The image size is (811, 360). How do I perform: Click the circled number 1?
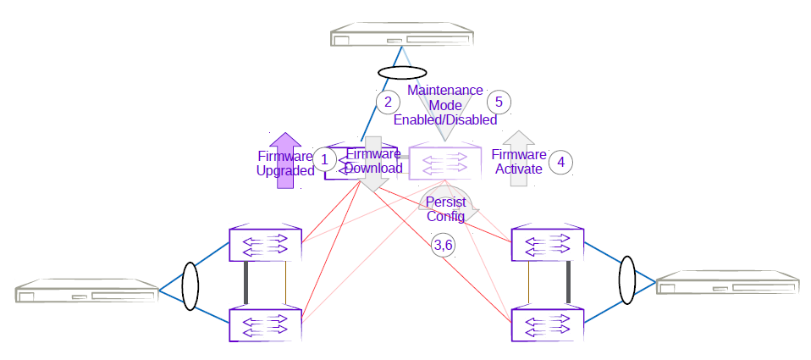coord(324,158)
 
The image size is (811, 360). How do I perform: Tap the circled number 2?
coord(388,102)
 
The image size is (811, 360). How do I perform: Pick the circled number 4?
coord(560,161)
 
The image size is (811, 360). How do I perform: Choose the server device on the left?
coord(87,292)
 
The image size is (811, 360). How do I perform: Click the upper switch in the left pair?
coord(266,245)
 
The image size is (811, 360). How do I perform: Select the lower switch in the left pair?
coord(266,324)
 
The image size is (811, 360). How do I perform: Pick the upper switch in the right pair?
coord(547,245)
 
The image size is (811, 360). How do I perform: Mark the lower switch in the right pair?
coord(547,324)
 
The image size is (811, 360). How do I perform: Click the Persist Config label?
coord(445,210)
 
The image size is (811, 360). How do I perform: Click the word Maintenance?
coord(445,90)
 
